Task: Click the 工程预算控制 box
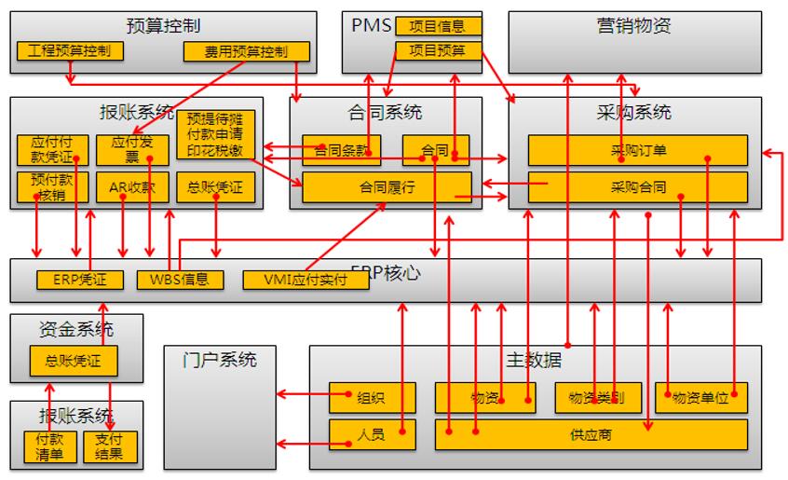70,50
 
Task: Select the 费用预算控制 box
247,51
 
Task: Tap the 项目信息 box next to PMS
438,26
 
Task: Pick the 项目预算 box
438,50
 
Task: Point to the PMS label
371,25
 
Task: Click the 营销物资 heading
633,25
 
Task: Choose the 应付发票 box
132,150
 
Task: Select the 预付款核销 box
52,186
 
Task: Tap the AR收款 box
132,186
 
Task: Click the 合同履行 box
387,186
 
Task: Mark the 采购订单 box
637,150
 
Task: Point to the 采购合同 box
637,186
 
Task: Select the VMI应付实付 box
294,279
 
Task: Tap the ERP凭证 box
79,279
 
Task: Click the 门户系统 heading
220,359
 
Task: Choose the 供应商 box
591,434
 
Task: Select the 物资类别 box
597,398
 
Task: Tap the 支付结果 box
109,446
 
